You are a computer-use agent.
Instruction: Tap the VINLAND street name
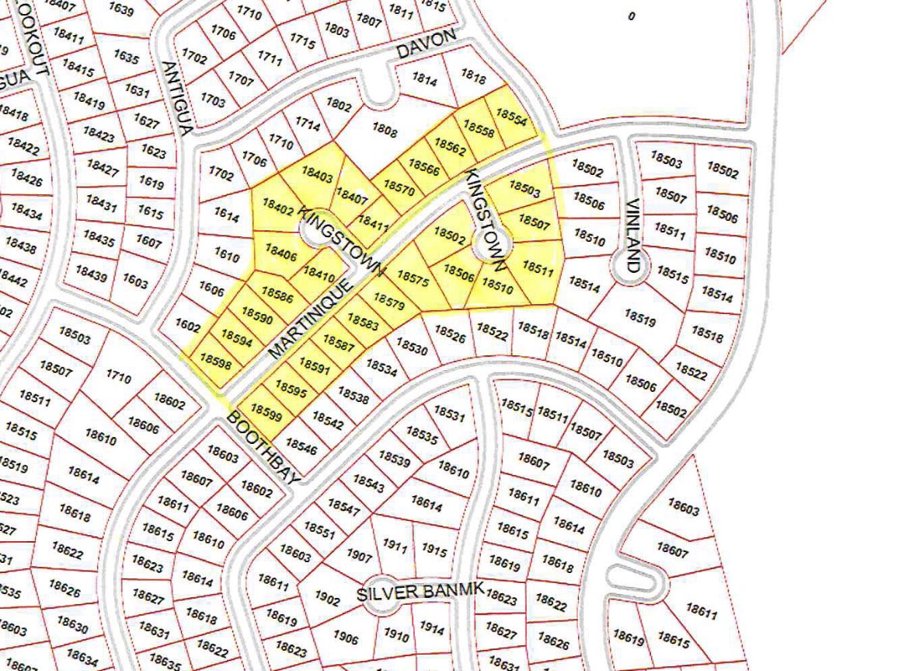tap(634, 236)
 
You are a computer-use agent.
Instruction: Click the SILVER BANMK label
tap(420, 592)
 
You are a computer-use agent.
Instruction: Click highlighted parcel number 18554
tap(511, 117)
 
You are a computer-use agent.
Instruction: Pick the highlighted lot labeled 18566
tap(423, 166)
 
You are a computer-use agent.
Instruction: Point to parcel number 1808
tap(385, 131)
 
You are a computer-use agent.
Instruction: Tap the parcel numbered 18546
tap(301, 446)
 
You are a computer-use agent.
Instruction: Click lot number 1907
tap(359, 556)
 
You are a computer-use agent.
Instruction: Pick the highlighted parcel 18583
tap(363, 321)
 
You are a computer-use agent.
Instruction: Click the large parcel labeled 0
tap(631, 16)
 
